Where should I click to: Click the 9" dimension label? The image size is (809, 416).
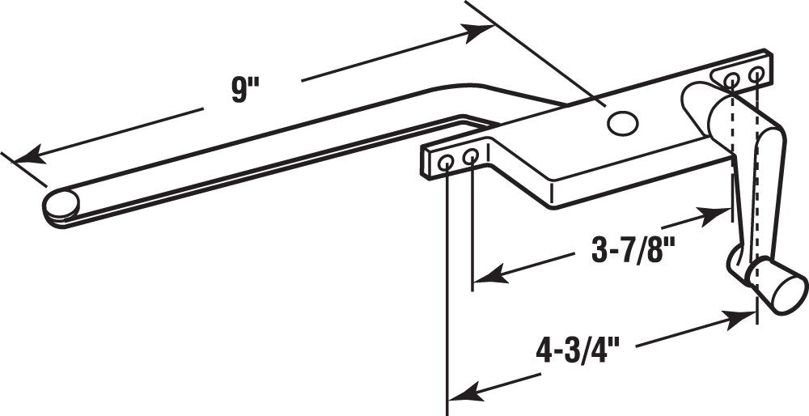244,91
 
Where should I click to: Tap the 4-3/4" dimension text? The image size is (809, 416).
578,352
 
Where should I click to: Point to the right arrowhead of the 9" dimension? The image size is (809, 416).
477,32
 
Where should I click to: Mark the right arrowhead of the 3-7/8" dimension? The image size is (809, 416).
714,214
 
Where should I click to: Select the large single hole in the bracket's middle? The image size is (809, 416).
623,123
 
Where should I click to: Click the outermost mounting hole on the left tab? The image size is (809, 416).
445,163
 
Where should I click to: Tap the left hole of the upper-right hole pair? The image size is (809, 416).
731,79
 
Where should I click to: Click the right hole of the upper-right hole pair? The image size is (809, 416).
756,74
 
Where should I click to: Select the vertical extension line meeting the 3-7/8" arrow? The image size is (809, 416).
472,227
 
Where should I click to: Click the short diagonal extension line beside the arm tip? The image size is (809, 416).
23,169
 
